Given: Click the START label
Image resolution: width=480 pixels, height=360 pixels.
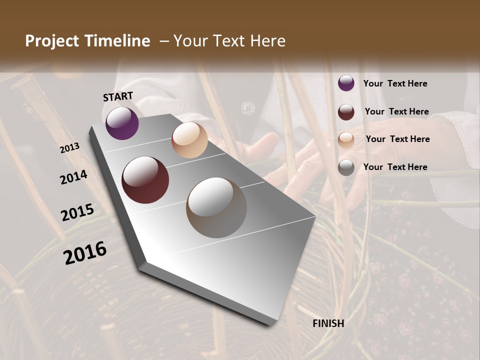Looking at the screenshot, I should coord(118,96).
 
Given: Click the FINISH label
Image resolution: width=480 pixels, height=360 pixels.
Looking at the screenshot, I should coord(328,323).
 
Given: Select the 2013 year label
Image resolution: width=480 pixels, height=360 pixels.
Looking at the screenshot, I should coord(69,148).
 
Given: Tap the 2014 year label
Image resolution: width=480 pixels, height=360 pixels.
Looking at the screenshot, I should coord(73,177).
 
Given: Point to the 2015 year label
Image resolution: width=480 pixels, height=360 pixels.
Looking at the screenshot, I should coord(77,213).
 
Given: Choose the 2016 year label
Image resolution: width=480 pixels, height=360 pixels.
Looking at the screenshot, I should coord(85,253).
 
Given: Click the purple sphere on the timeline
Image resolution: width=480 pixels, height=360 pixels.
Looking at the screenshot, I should coord(122,123).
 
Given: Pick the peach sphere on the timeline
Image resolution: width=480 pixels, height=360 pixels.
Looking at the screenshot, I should coord(189,140).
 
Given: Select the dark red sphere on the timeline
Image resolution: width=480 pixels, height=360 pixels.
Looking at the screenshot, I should coord(145,180).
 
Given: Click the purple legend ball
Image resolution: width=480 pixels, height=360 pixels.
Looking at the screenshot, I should coord(346,83).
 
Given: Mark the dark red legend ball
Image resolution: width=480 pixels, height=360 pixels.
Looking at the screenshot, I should coord(346,111).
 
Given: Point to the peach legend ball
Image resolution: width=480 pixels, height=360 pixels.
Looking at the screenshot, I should coord(346,139).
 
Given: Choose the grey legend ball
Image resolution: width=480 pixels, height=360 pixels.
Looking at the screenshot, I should coord(346,167).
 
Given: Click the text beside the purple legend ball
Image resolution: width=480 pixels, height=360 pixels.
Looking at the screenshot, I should coord(395,84).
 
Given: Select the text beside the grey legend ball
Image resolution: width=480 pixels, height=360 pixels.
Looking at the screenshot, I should coord(395,167).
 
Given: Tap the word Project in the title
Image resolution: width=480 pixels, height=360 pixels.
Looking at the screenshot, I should coord(52,41).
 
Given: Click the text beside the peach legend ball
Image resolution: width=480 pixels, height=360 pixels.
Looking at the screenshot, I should coord(397,139).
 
